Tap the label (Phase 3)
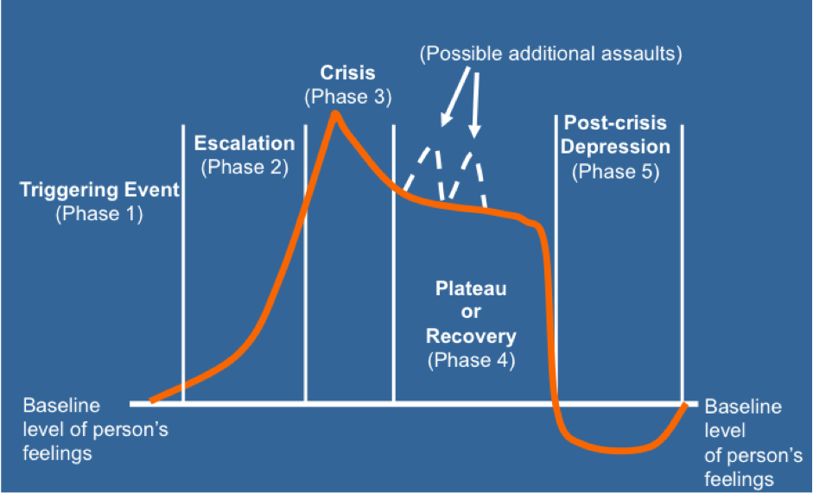(x=347, y=97)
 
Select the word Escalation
(x=245, y=143)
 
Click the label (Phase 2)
(x=245, y=167)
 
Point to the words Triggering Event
(x=99, y=191)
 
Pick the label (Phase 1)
(x=99, y=214)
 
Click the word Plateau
(x=471, y=289)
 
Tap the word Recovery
(x=471, y=336)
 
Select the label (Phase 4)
(x=471, y=359)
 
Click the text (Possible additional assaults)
(x=551, y=54)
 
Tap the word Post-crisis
(x=615, y=123)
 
